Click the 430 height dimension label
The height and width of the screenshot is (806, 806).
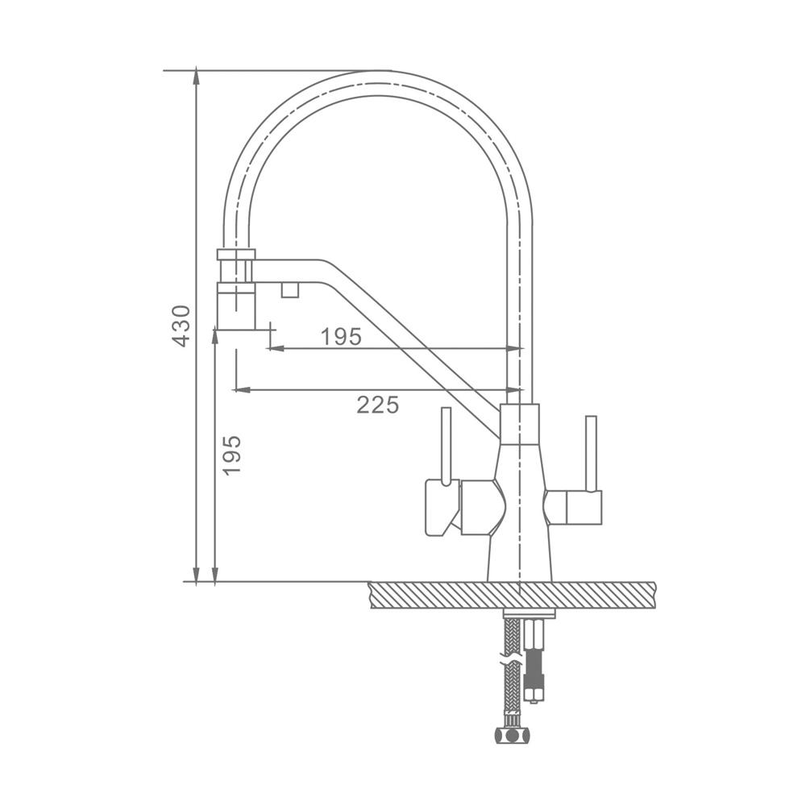181,326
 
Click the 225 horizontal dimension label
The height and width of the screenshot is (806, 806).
378,405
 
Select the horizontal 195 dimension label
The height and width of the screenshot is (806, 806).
341,337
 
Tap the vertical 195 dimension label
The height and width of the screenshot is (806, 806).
232,455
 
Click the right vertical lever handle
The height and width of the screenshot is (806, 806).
591,453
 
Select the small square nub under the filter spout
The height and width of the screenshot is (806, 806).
290,289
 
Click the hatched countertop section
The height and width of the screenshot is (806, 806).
513,595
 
